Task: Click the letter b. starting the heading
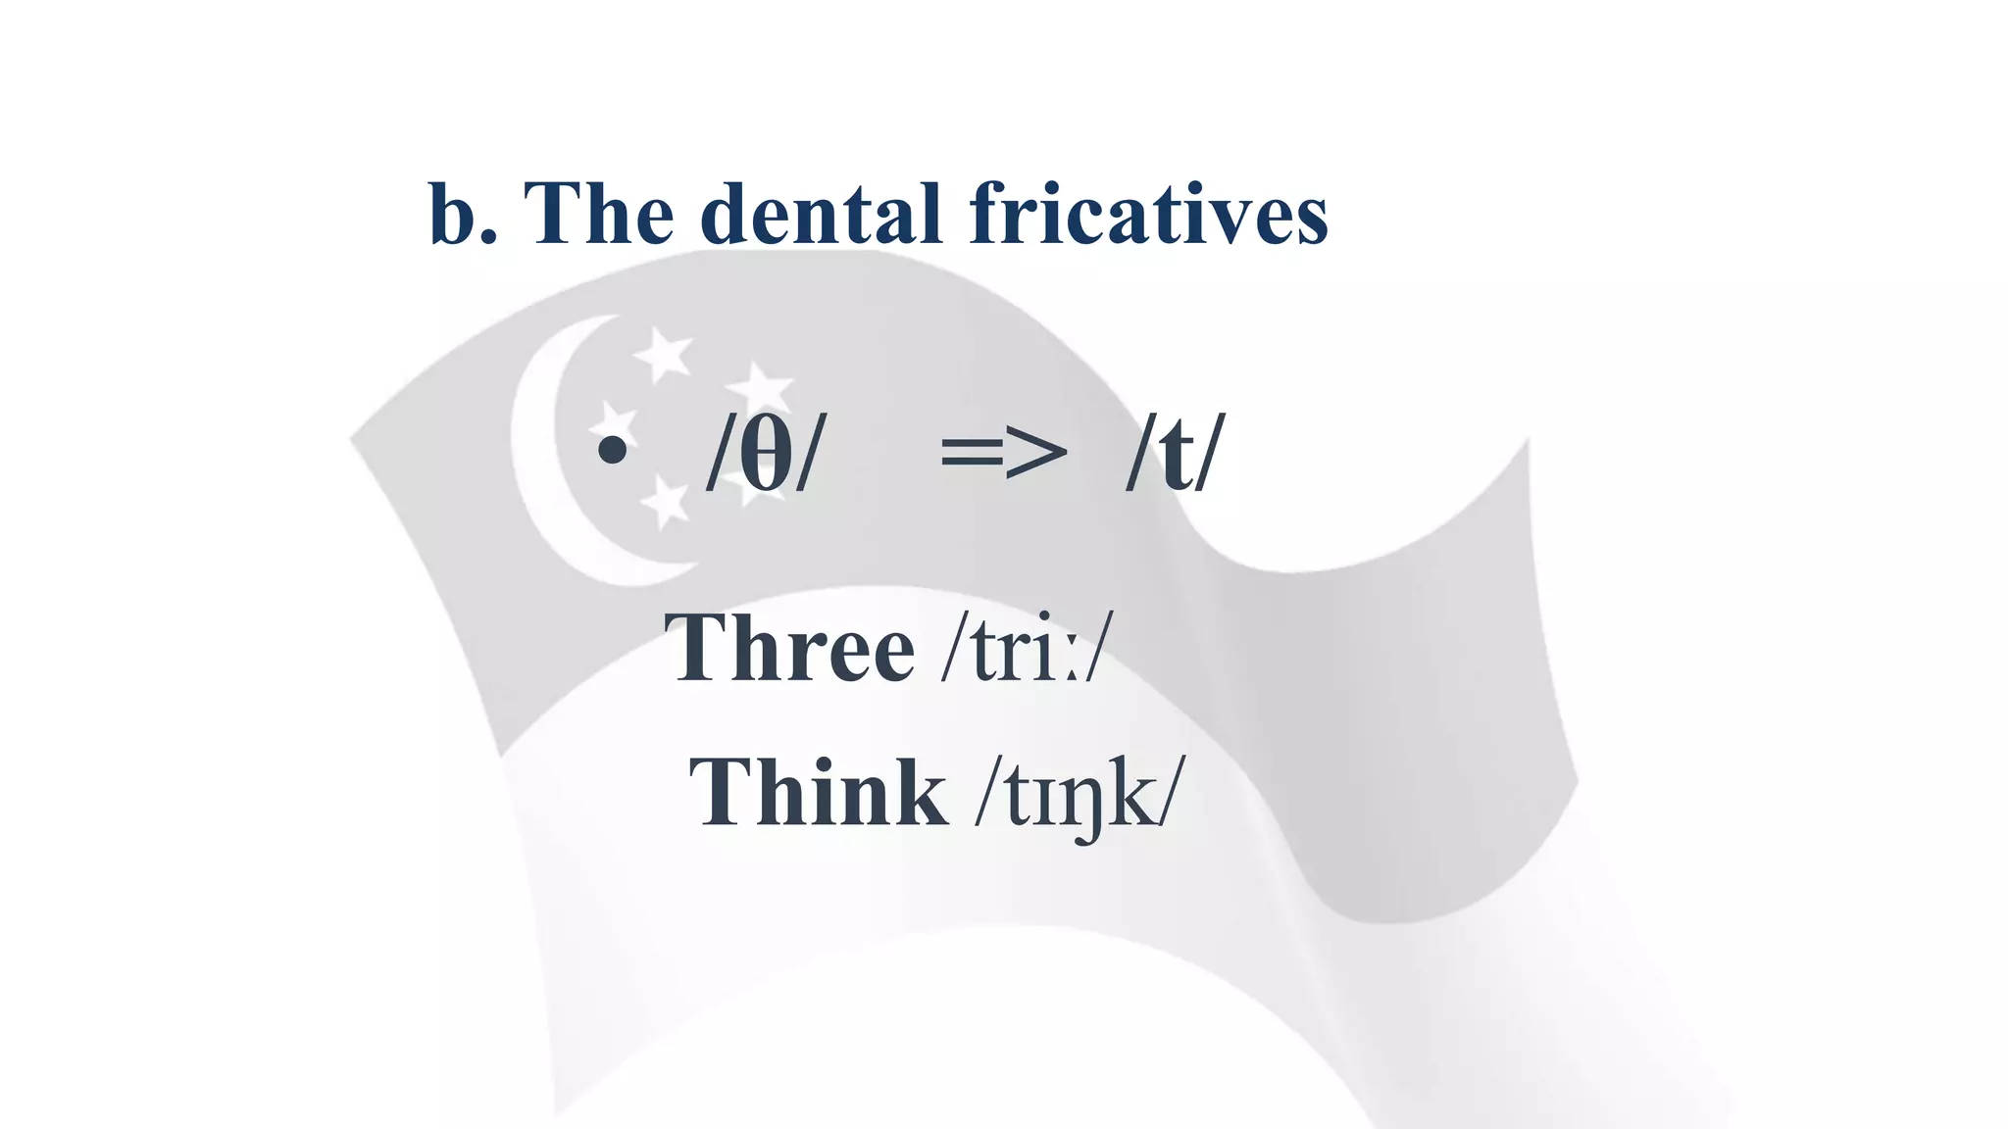pos(461,214)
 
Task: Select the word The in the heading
pos(599,214)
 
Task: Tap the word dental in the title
pos(822,214)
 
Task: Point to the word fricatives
pos(1148,214)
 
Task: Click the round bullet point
pos(612,451)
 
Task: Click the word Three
pos(789,648)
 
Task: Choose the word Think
pos(818,793)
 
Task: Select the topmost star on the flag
pos(663,354)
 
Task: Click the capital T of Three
pos(698,648)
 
